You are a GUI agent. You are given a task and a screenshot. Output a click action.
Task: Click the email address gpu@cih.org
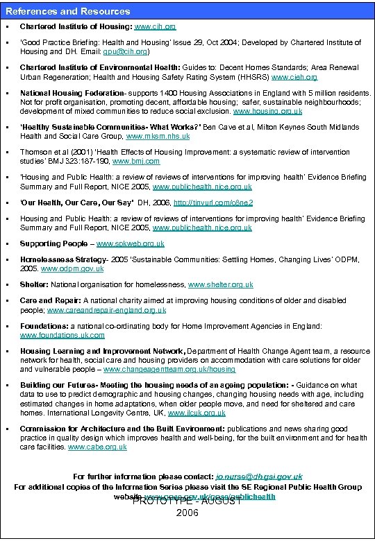click(126, 51)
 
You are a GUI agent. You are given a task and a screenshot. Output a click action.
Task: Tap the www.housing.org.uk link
click(268, 111)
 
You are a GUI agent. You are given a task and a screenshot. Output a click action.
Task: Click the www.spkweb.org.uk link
click(131, 243)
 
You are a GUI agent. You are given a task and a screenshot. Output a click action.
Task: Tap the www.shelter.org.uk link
click(221, 284)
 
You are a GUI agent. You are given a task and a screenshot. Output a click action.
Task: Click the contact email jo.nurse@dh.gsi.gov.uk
click(258, 476)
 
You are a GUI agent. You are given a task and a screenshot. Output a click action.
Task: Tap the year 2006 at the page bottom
click(187, 513)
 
